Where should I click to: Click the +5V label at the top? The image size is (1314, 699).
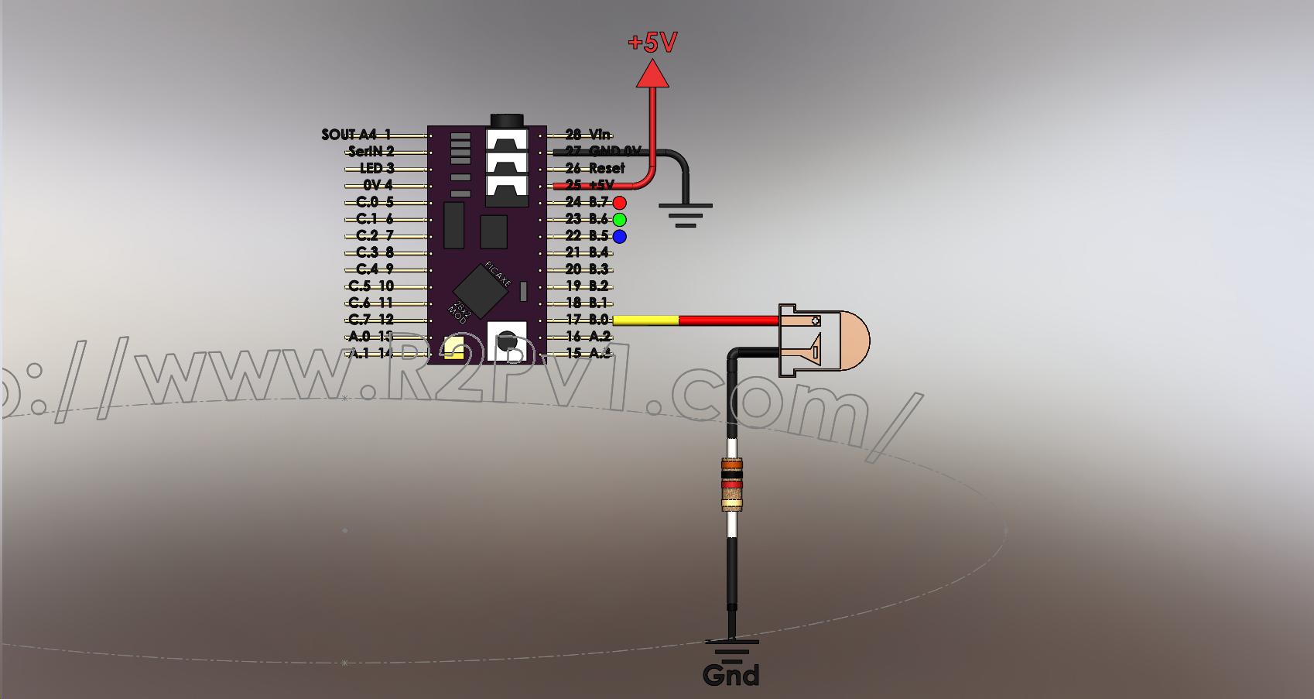coord(652,42)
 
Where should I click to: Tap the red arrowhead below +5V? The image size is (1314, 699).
coord(652,74)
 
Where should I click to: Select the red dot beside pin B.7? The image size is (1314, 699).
coord(619,203)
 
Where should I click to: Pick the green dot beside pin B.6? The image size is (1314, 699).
coord(619,220)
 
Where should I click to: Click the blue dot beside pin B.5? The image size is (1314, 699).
coord(619,237)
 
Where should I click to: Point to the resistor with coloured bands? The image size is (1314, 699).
coord(732,485)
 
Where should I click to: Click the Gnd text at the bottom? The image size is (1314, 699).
coord(731,675)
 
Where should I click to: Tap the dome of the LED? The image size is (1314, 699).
coord(852,340)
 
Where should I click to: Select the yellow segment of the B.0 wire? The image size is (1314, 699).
coord(645,320)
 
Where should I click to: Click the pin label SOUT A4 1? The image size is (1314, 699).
coord(356,135)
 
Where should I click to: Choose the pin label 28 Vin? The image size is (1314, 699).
coord(587,135)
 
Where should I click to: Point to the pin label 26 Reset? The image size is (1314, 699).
coord(594,169)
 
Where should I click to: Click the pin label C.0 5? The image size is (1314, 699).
coord(375,203)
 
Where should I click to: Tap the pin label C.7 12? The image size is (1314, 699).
coord(371,320)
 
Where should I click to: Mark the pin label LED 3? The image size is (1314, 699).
coord(377,169)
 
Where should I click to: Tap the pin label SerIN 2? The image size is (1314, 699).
coord(371,152)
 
